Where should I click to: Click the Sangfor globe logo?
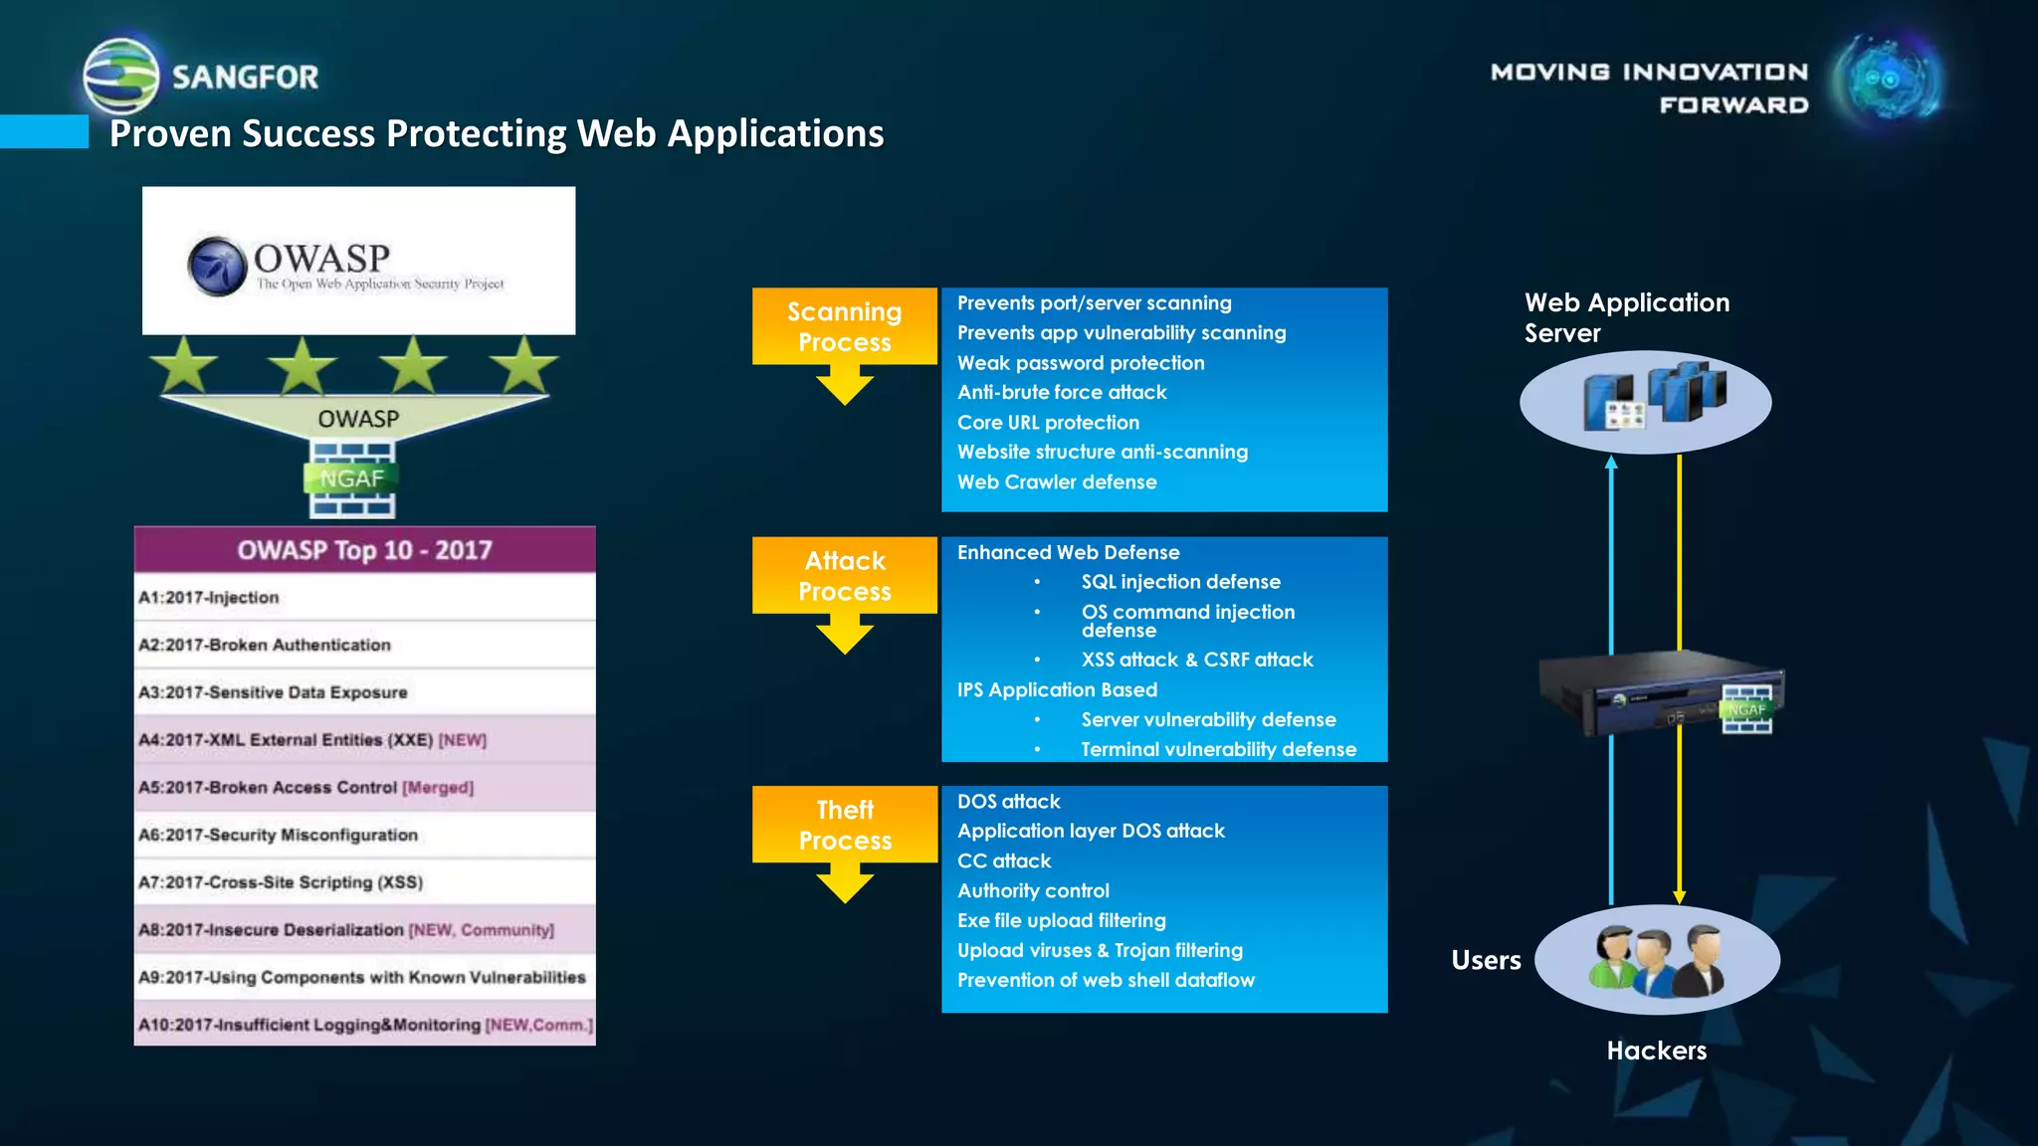(120, 76)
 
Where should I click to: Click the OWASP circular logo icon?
(217, 267)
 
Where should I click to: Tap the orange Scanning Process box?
(844, 326)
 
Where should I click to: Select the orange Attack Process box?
(844, 575)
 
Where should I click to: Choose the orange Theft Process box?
(844, 825)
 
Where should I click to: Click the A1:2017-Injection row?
(364, 598)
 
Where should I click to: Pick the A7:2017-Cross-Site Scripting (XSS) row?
(364, 882)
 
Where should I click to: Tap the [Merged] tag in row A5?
(438, 788)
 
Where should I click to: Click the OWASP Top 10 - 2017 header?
(364, 550)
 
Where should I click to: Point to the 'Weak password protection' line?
(1081, 363)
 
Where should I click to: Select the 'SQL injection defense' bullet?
(1180, 582)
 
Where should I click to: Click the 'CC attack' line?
(1004, 861)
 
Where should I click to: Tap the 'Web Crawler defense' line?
(1057, 482)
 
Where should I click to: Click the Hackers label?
(1656, 1050)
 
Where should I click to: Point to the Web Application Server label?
(1626, 317)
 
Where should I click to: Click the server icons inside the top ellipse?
(1654, 397)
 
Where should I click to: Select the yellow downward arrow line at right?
(1680, 557)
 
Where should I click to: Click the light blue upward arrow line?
(1611, 557)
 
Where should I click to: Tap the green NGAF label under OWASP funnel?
(351, 479)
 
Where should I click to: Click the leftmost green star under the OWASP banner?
(185, 365)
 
